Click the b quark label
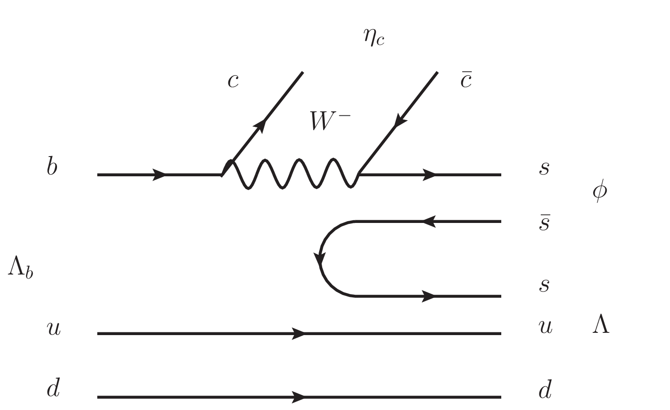click(52, 167)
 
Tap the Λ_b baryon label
click(20, 270)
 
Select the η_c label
click(374, 38)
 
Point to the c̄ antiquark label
click(466, 80)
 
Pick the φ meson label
click(600, 191)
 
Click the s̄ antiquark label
click(544, 223)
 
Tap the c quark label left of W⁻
click(233, 81)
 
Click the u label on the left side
click(53, 328)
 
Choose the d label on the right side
click(545, 389)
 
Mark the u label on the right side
click(545, 327)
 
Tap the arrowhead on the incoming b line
click(159, 174)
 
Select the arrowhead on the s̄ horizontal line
click(429, 222)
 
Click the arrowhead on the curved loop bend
click(320, 259)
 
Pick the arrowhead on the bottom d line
click(298, 397)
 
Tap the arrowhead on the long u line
click(298, 333)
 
